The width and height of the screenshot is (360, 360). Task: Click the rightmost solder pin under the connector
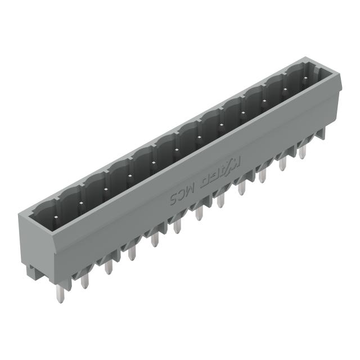coord(303,150)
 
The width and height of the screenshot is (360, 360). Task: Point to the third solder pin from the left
coord(108,265)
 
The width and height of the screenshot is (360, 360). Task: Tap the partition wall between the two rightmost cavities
coord(286,72)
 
